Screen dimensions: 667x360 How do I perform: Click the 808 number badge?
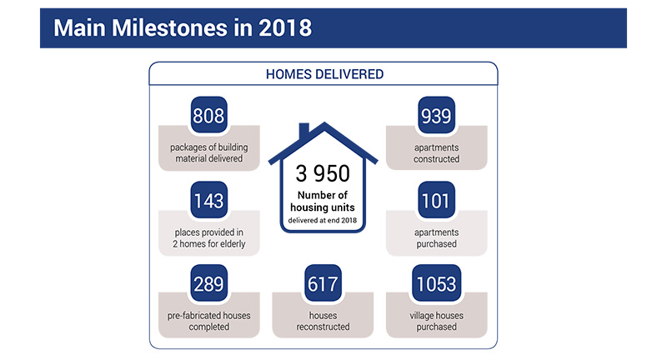(208, 115)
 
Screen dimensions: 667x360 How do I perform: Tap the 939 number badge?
(436, 115)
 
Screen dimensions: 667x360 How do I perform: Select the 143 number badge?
(208, 200)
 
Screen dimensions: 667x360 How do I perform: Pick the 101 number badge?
(436, 200)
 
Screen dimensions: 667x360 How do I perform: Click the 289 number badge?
(208, 283)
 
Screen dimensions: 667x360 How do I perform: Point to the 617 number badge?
(323, 283)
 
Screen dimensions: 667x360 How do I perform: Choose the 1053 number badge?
(436, 283)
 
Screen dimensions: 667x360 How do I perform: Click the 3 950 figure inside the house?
(323, 173)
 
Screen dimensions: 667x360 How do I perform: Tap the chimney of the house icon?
(304, 131)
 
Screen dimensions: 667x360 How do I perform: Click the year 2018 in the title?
(285, 28)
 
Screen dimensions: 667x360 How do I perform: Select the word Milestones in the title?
(170, 28)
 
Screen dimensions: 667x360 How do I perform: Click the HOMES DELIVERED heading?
(324, 74)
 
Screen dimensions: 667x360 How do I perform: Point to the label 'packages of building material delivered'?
(209, 153)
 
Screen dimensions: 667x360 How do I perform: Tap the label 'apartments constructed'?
(436, 153)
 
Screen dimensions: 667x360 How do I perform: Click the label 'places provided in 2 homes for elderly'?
(209, 238)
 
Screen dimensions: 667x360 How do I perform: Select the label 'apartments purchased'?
(436, 238)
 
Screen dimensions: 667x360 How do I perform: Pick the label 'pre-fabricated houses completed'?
(209, 321)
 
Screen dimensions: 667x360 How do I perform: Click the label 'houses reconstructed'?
(323, 321)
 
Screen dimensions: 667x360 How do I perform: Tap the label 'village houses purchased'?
(436, 321)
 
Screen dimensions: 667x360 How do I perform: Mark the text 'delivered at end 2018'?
(323, 220)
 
